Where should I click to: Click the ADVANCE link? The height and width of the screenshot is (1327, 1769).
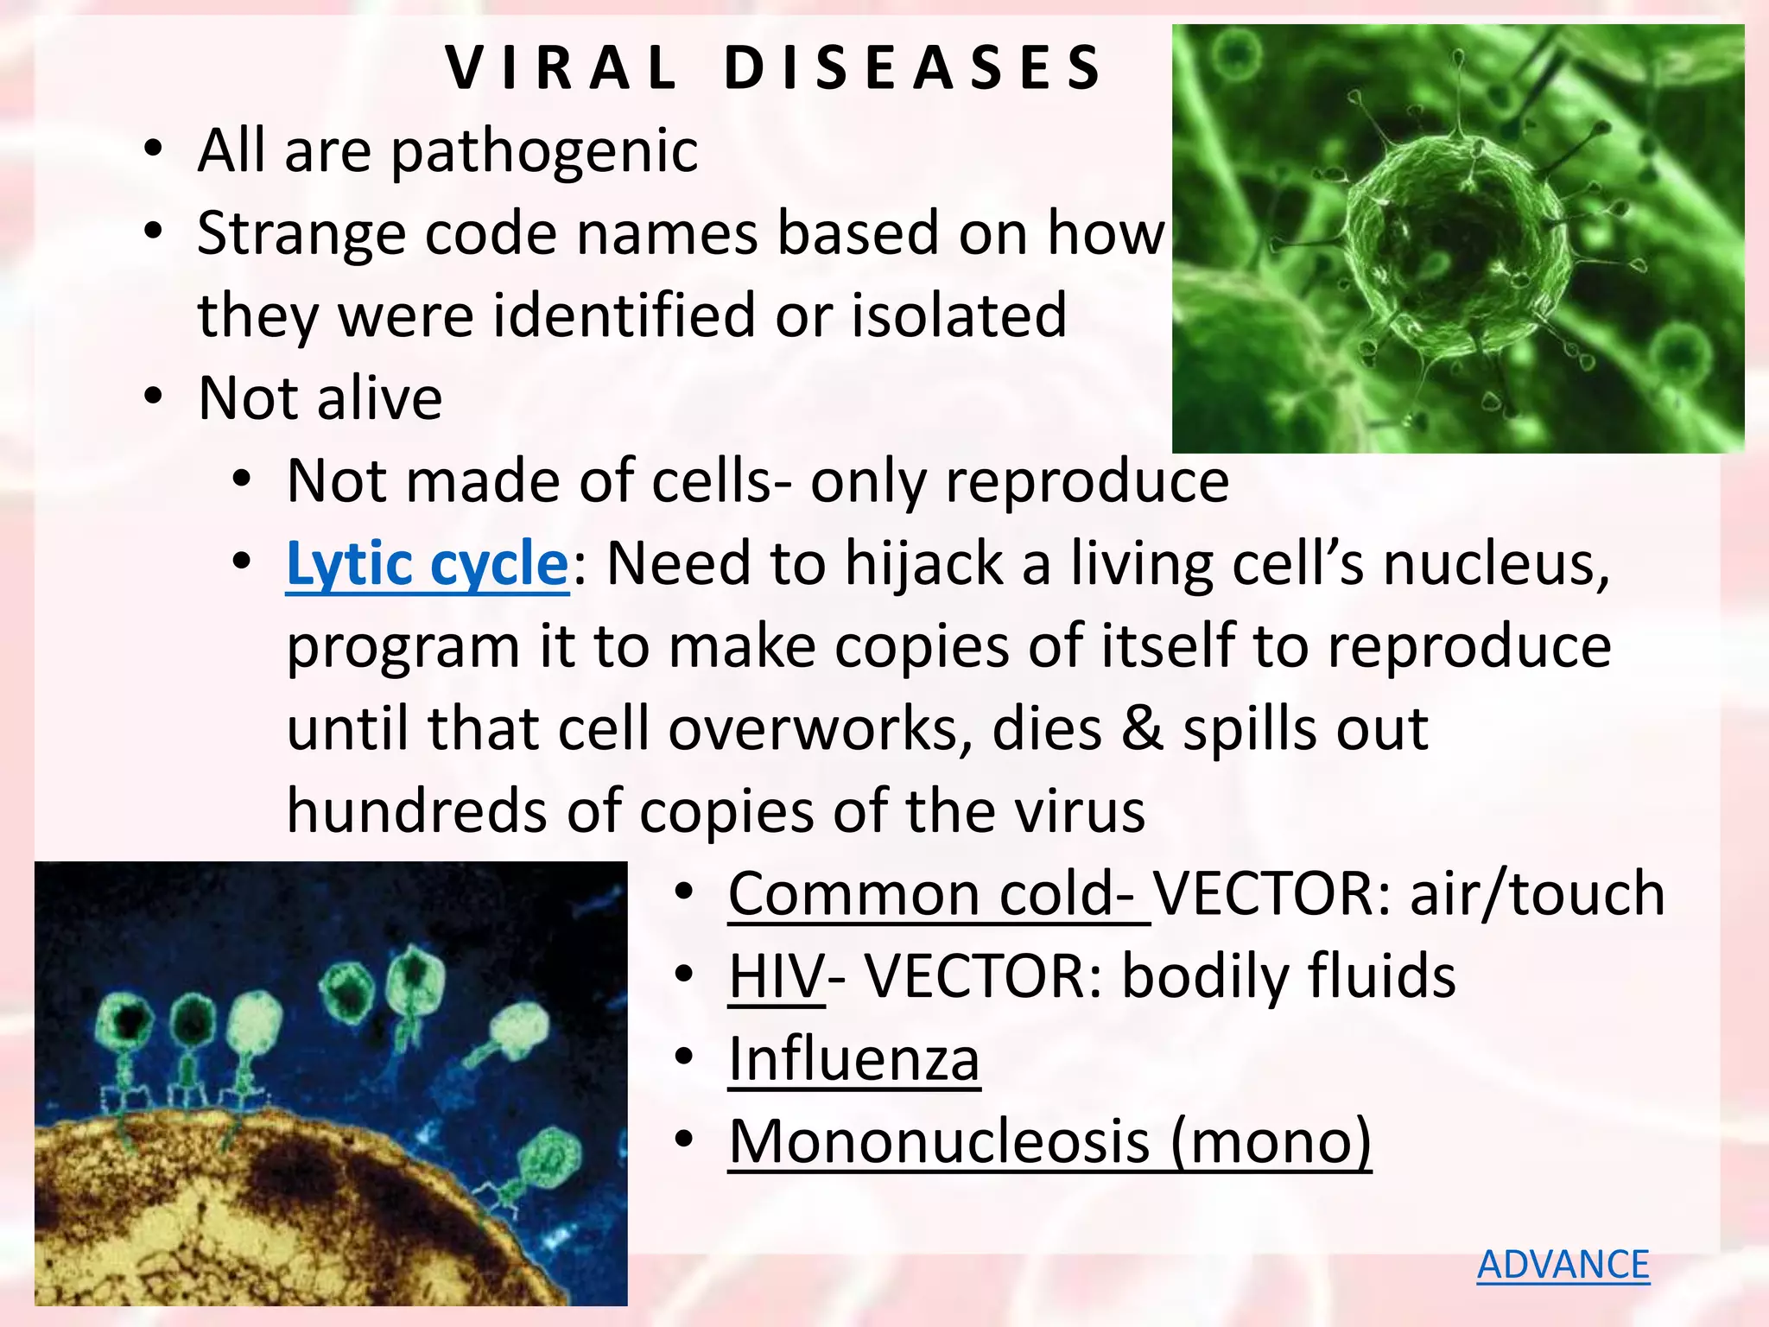1563,1265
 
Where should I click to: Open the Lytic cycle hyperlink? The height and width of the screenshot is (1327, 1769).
427,564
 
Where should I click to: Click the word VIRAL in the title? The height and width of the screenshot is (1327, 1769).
561,68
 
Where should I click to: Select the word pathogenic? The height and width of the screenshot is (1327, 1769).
544,152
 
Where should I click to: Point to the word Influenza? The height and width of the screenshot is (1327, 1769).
853,1059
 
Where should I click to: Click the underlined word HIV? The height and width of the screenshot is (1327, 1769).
776,976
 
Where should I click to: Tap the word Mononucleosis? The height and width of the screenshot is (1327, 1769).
939,1142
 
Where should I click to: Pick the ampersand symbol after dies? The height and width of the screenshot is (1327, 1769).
1142,728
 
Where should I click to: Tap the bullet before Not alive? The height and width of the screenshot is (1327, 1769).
153,397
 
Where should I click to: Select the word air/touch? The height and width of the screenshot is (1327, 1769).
1537,893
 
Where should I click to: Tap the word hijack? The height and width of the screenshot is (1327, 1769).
923,564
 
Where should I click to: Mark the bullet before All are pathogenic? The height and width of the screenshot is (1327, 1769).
153,149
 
